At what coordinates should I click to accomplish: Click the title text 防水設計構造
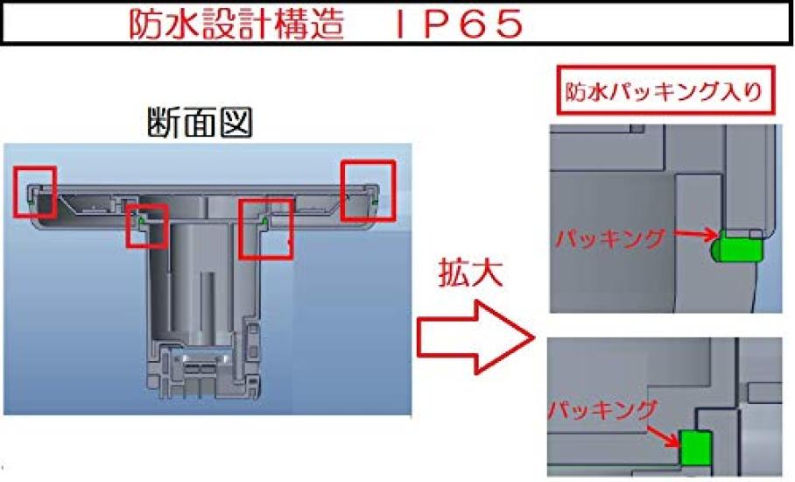click(236, 24)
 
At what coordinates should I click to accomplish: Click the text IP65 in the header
click(458, 25)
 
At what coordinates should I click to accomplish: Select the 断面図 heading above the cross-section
click(200, 123)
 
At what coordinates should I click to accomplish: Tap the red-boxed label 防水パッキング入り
click(665, 90)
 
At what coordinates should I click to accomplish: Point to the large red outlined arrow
click(475, 337)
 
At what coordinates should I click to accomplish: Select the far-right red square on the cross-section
click(368, 190)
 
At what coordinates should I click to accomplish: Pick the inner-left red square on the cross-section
click(146, 226)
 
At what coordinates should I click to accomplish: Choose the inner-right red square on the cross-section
click(265, 229)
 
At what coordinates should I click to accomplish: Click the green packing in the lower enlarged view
click(695, 448)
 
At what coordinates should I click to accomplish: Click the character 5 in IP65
click(504, 25)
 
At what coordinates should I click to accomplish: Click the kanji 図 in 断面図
click(236, 123)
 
